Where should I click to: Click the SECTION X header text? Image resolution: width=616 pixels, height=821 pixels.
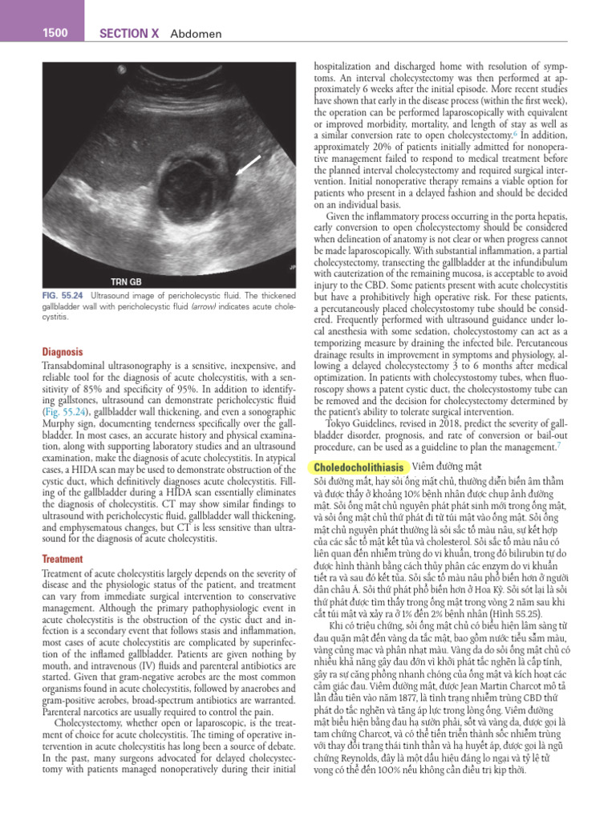coord(130,34)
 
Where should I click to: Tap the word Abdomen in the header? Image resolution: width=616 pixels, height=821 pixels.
coord(196,34)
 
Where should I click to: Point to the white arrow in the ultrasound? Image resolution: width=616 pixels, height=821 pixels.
coord(248,165)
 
